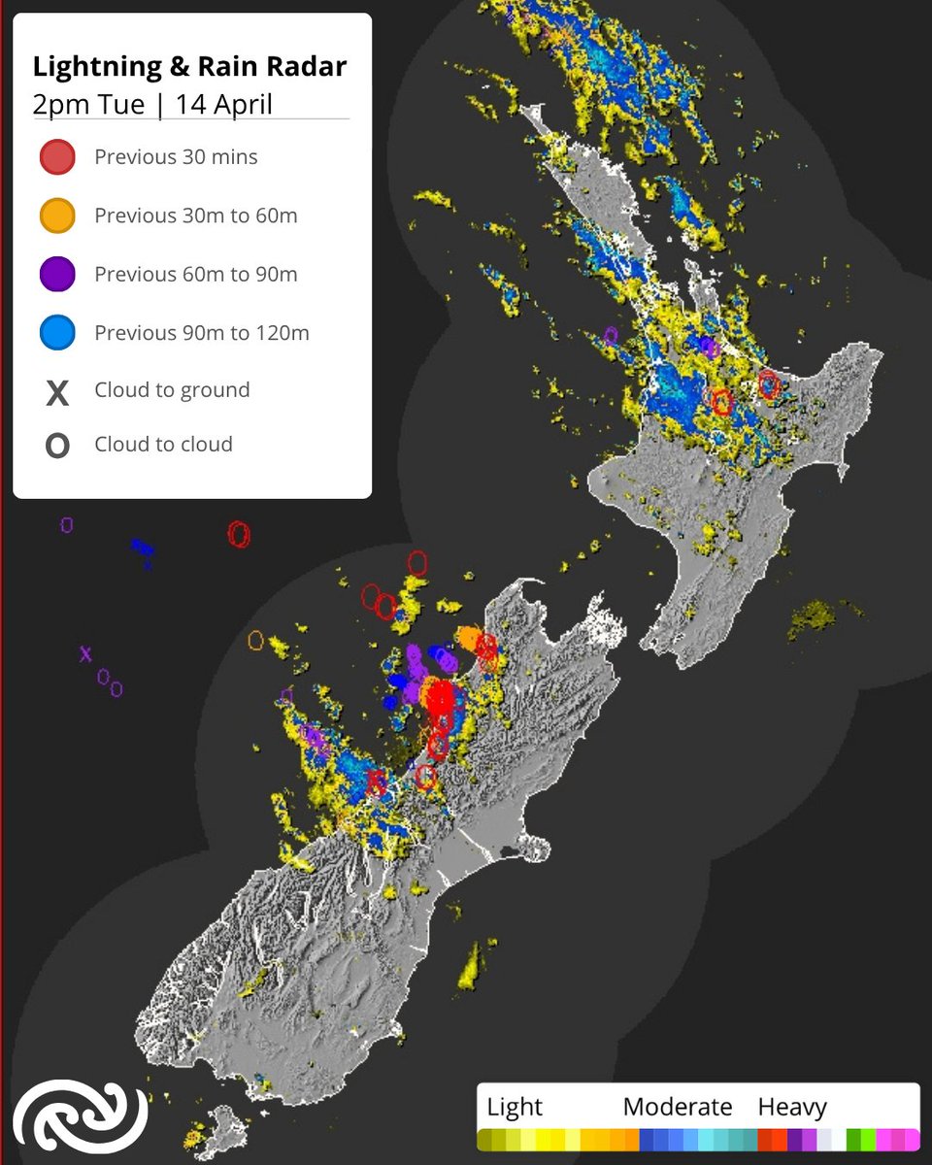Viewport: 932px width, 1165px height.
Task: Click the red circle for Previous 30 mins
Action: click(x=57, y=157)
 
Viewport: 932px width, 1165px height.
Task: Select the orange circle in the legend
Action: click(x=57, y=216)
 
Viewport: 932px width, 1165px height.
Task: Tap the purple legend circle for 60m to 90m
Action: click(x=57, y=274)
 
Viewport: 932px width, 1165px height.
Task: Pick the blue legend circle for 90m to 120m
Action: click(x=57, y=333)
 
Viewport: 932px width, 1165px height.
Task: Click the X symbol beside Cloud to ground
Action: click(x=57, y=392)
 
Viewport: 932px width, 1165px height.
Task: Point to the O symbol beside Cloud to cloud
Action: click(x=57, y=446)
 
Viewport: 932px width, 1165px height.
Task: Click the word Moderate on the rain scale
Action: click(x=677, y=1107)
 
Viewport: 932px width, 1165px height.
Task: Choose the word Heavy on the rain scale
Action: click(x=791, y=1107)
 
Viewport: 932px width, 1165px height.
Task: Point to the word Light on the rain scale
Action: click(x=515, y=1107)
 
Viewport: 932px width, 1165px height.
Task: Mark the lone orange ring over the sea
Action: click(x=256, y=640)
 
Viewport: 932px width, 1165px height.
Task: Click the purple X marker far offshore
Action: click(x=85, y=654)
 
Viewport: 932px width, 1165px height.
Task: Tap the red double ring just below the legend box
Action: click(x=239, y=534)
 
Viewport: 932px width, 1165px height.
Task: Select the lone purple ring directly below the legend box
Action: click(x=66, y=525)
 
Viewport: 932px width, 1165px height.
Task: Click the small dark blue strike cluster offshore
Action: click(x=143, y=549)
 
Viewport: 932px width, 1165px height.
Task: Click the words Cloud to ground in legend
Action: click(x=172, y=390)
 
